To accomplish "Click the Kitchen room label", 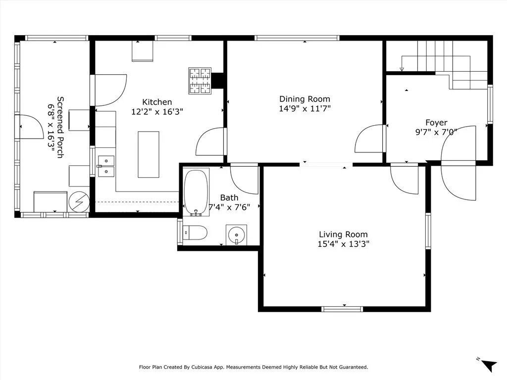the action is (157, 102).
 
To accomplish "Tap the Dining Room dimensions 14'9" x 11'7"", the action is (304, 108).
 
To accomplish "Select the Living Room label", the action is (344, 235).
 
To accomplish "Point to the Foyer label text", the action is (436, 123).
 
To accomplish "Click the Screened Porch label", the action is (60, 127).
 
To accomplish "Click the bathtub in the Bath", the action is (196, 192).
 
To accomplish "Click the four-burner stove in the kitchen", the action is (200, 81).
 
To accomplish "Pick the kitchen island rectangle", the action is (149, 154).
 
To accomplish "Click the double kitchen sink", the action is (106, 166).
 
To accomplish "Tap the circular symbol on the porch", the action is (80, 202).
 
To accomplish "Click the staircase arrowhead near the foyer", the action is (402, 69).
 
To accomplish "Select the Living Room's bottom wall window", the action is (343, 309).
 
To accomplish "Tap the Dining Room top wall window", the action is (297, 38).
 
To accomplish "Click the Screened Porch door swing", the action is (32, 126).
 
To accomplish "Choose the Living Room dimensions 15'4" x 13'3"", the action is (344, 243).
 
